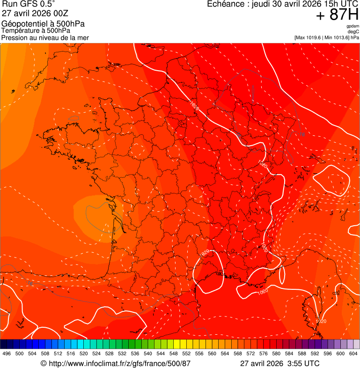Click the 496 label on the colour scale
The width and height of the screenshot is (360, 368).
coord(7,353)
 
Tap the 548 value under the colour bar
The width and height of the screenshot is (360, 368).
coord(173,353)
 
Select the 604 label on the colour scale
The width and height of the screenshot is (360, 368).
coord(353,353)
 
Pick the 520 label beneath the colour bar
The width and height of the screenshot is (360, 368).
coord(83,353)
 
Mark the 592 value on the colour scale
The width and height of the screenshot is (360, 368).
coord(315,353)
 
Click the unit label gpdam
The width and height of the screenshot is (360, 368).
coord(353,26)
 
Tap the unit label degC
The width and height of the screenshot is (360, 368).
coord(353,32)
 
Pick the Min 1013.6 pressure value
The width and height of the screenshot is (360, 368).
coord(335,37)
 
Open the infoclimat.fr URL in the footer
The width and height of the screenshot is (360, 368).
coord(119,363)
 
